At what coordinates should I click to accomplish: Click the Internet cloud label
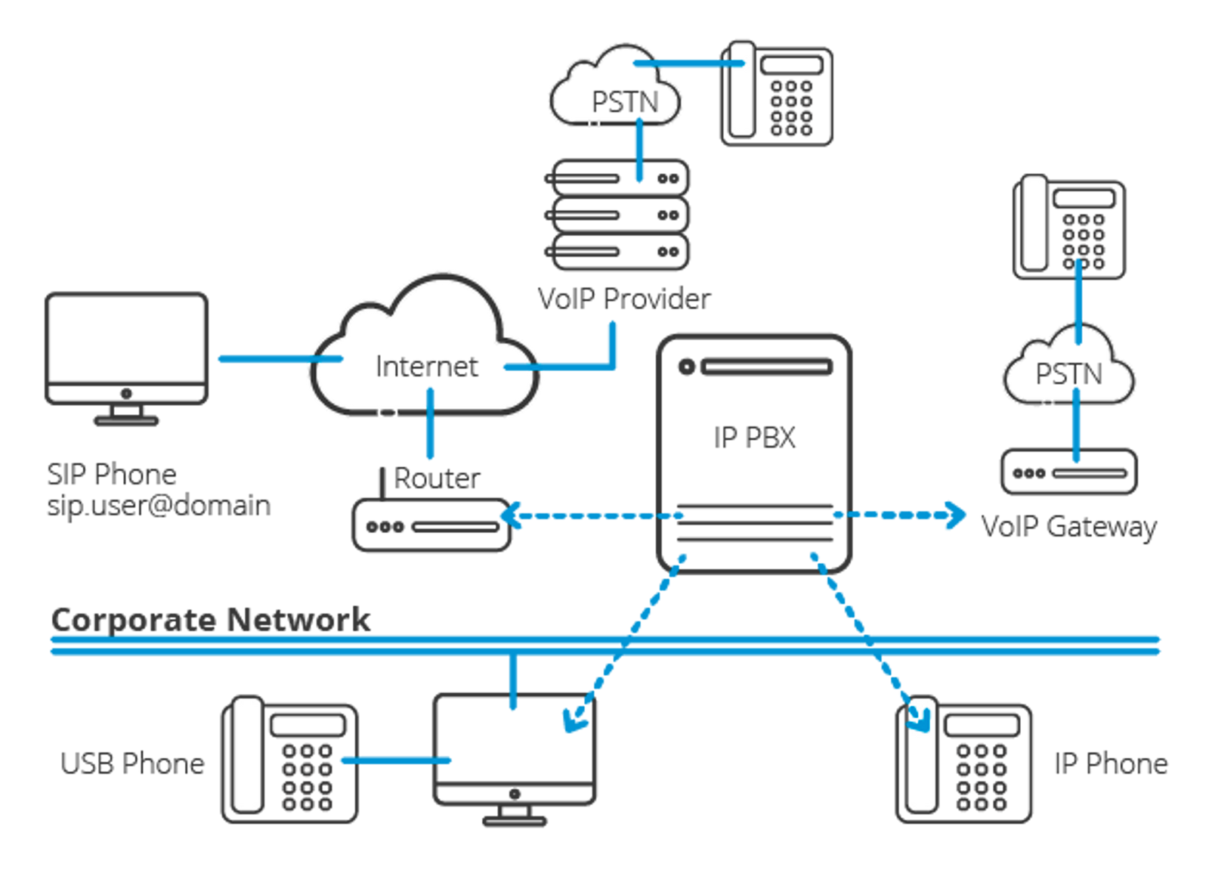coord(428,366)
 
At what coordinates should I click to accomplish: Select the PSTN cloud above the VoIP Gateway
coord(1068,370)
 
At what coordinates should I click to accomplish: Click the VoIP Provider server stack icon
coord(618,215)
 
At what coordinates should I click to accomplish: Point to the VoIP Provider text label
coord(624,299)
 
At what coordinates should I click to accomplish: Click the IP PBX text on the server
coord(754,437)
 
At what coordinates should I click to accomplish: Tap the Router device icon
coord(431,526)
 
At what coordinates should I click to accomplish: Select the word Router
coord(437,478)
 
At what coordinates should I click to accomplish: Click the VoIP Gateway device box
coord(1068,472)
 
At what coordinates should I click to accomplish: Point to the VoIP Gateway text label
coord(1068,526)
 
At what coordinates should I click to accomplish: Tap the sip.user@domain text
coord(159,505)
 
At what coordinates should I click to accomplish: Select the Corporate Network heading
coord(211,619)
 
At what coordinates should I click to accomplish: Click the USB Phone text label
coord(133,763)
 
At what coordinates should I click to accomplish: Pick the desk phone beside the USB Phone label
coord(289,760)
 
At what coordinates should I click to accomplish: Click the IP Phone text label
coord(1112,763)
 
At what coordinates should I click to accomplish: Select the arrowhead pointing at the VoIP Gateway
coord(955,515)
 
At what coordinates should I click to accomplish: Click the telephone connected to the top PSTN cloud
coord(777,94)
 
